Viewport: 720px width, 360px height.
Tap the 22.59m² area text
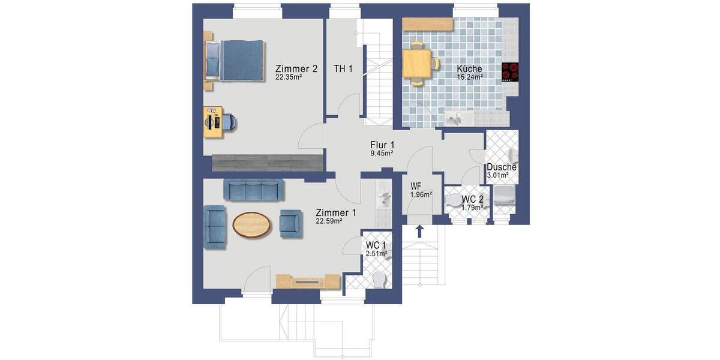[329, 221]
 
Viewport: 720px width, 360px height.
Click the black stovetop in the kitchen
[510, 72]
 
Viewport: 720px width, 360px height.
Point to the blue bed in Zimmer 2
[237, 60]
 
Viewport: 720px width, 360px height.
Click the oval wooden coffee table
[251, 225]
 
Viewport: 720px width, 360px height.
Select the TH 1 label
[343, 68]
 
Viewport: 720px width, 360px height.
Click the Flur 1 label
[382, 145]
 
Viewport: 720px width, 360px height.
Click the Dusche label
[502, 167]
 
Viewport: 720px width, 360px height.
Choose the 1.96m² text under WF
[420, 194]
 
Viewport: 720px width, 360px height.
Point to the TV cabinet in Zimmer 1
[308, 281]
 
